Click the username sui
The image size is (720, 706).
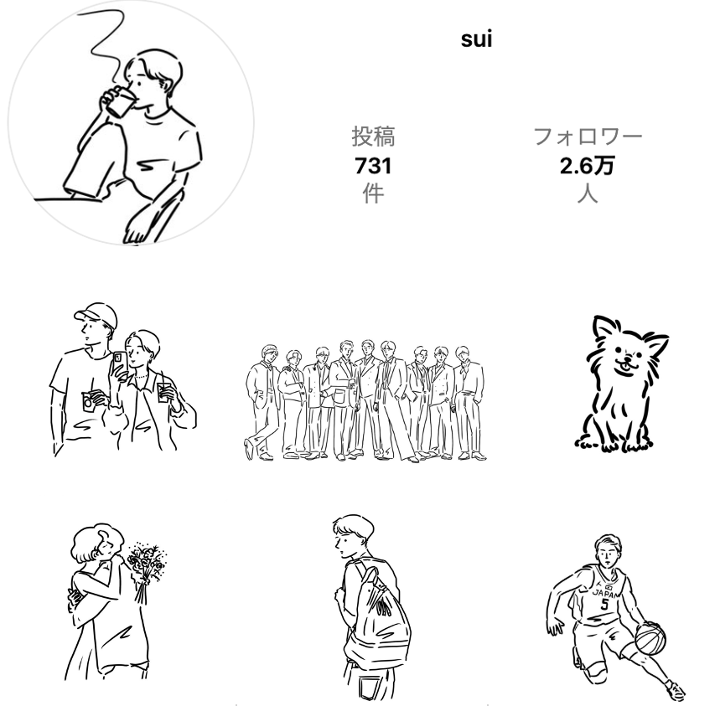point(477,39)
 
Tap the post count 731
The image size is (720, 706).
point(373,166)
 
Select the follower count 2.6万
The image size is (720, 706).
point(587,166)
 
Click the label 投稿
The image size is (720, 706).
point(373,137)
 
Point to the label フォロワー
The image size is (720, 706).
point(588,137)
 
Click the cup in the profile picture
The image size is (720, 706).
point(121,102)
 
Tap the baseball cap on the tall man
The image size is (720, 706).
point(96,314)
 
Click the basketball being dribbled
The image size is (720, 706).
point(650,638)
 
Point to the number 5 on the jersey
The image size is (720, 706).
point(604,604)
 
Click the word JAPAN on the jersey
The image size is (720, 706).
point(604,593)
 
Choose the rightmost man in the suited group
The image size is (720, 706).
point(469,402)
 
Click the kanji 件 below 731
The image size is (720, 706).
point(373,193)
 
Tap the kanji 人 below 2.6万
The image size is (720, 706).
point(588,193)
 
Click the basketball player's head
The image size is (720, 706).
point(608,549)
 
